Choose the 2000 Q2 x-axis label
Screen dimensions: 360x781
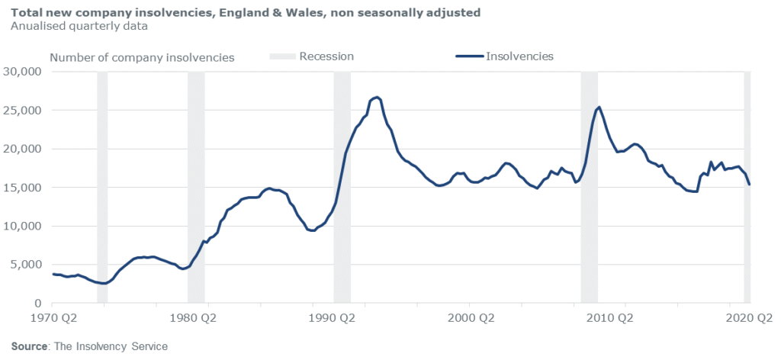click(469, 317)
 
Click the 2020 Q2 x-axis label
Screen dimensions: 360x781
click(748, 317)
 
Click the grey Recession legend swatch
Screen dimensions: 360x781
click(281, 56)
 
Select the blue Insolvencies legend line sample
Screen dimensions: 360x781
click(468, 56)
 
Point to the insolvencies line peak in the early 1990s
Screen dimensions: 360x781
click(378, 97)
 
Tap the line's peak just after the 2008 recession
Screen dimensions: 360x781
click(599, 107)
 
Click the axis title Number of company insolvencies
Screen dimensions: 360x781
click(142, 57)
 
